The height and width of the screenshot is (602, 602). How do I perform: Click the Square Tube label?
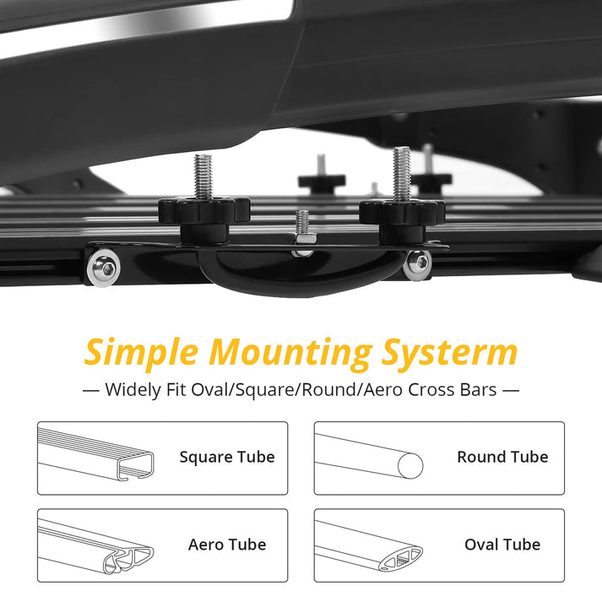point(226,458)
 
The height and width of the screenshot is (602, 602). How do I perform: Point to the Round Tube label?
point(502,458)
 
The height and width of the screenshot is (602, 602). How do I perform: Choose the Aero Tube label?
point(226,545)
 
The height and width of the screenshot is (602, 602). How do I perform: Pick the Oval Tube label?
point(502,545)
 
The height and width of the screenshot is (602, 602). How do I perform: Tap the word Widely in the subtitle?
point(131,390)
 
